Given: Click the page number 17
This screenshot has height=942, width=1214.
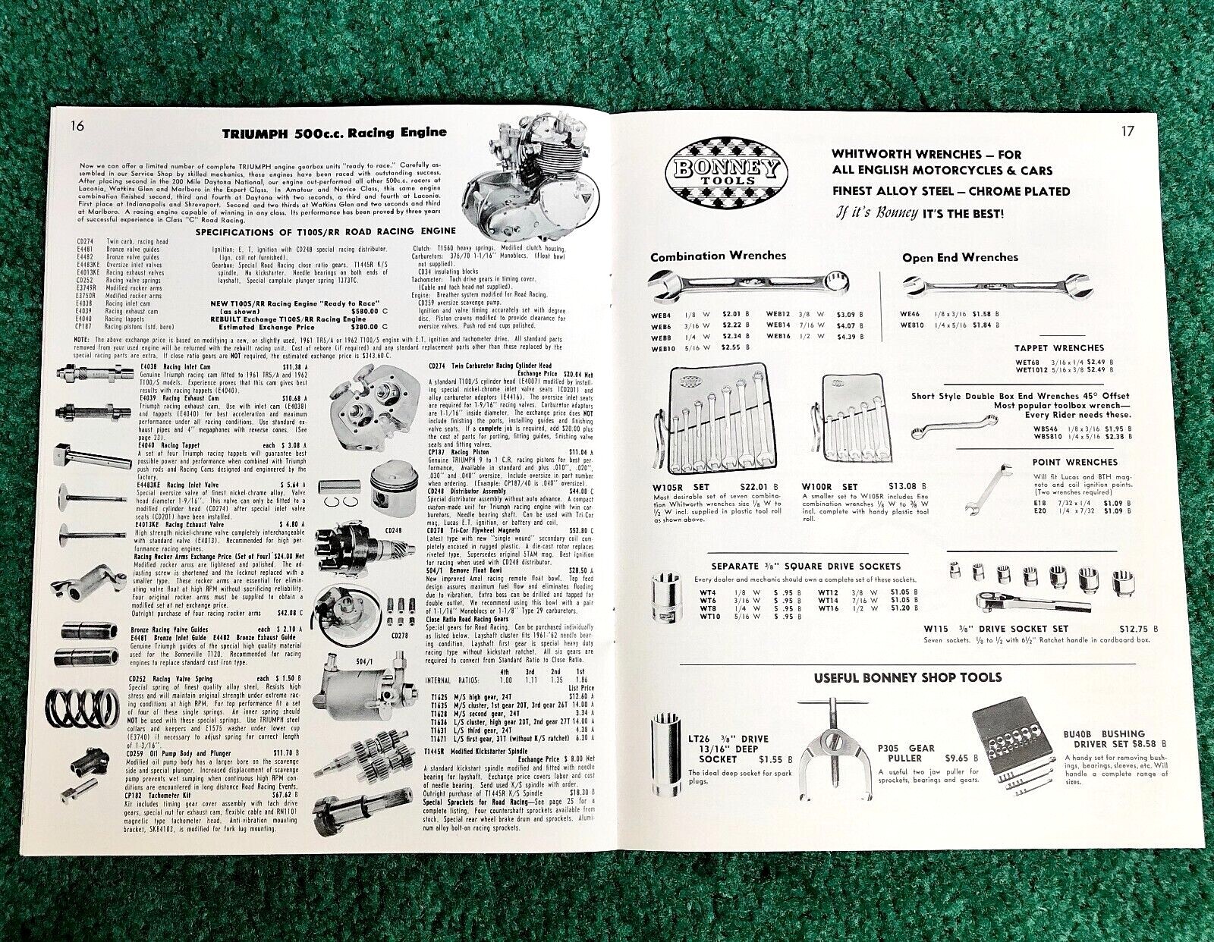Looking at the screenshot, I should click(x=1128, y=131).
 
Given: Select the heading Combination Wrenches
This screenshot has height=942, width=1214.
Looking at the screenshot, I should click(x=718, y=256).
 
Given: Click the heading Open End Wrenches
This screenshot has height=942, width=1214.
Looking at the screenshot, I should click(x=960, y=257).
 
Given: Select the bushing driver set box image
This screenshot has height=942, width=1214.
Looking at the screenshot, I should click(x=1012, y=743).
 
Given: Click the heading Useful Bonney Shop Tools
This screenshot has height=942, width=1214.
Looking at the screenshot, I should click(x=907, y=677).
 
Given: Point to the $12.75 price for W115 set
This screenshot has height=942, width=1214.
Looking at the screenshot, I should click(x=1134, y=629).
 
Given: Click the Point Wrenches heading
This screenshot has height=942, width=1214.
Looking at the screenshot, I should click(x=1074, y=462).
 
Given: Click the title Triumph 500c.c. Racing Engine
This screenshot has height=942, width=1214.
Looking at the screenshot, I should click(x=334, y=133).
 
